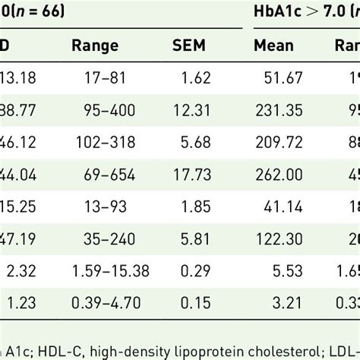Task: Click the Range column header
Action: coord(95,45)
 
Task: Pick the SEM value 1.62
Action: coord(212,76)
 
